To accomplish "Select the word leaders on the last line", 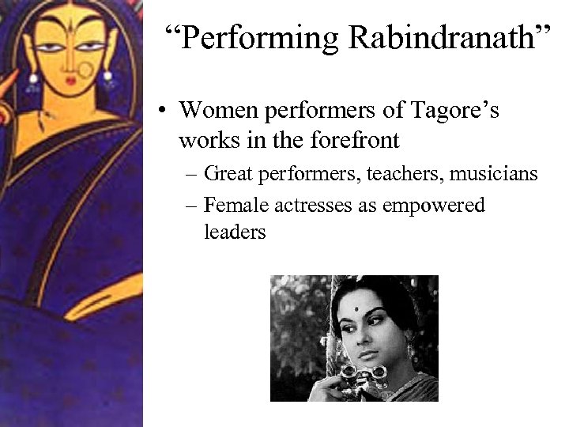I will (235, 232).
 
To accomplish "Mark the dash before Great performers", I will (192, 173).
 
